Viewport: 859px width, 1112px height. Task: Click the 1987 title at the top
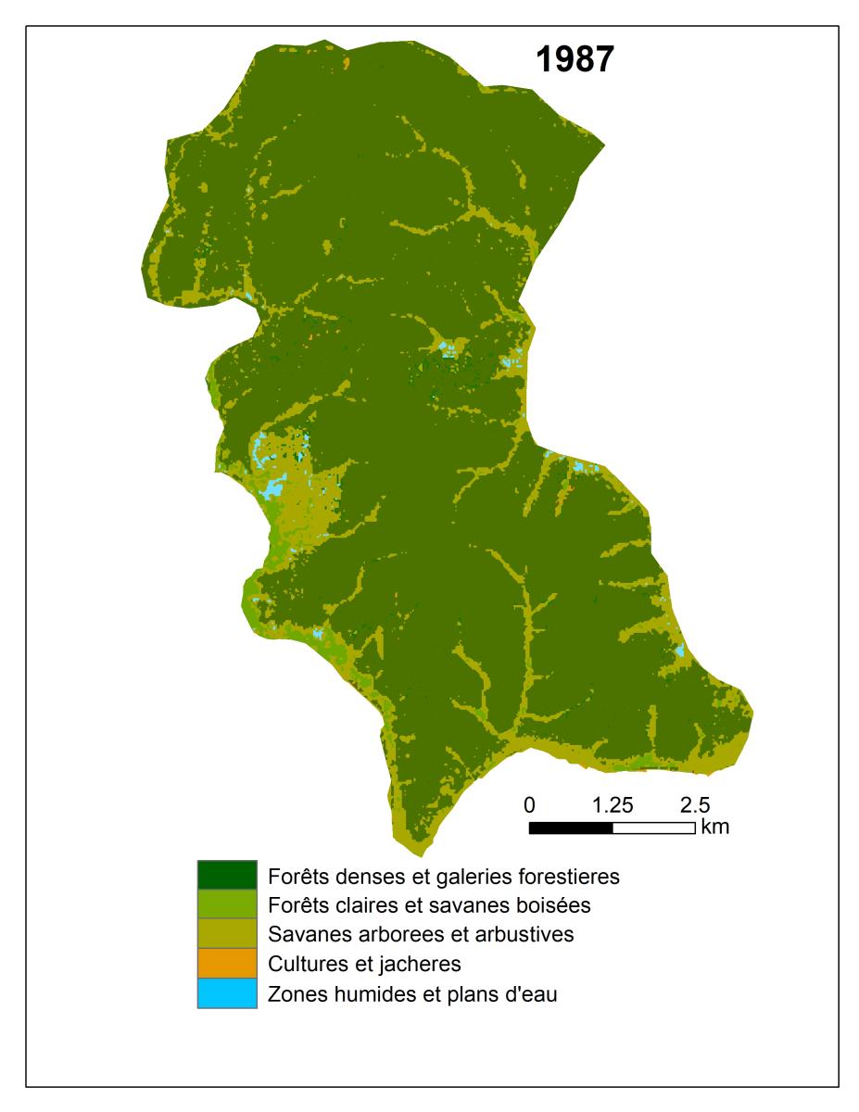click(x=575, y=60)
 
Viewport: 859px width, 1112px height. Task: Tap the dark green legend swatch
click(x=226, y=874)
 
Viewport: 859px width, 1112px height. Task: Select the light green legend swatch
click(x=226, y=903)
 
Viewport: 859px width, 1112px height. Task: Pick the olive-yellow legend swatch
click(x=226, y=933)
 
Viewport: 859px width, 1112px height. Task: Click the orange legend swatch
click(x=226, y=963)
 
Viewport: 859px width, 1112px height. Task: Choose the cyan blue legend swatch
click(x=226, y=993)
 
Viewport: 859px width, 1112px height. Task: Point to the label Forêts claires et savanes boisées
click(x=429, y=904)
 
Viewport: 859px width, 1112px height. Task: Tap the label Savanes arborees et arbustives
click(x=420, y=934)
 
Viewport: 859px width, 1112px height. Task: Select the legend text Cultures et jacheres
click(x=364, y=964)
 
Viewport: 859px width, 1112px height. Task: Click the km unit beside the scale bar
click(x=715, y=828)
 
